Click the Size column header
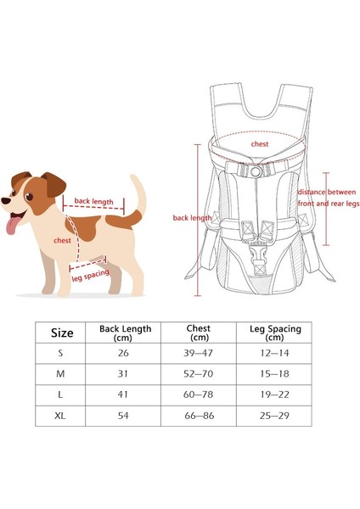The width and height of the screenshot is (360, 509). pyautogui.click(x=62, y=333)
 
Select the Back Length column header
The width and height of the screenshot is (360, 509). pyautogui.click(x=125, y=333)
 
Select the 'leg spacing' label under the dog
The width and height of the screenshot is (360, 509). pyautogui.click(x=88, y=277)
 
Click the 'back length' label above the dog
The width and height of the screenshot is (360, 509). pyautogui.click(x=93, y=201)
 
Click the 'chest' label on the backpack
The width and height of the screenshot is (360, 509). pyautogui.click(x=259, y=143)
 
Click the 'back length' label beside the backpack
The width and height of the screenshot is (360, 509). pyautogui.click(x=192, y=218)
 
